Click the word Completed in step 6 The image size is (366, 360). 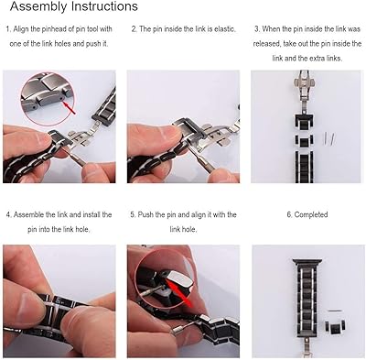point(311,213)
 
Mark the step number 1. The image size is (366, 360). point(7,29)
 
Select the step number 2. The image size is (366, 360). point(134,29)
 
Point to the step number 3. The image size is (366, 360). point(256,29)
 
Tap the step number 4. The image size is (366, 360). point(7,213)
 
